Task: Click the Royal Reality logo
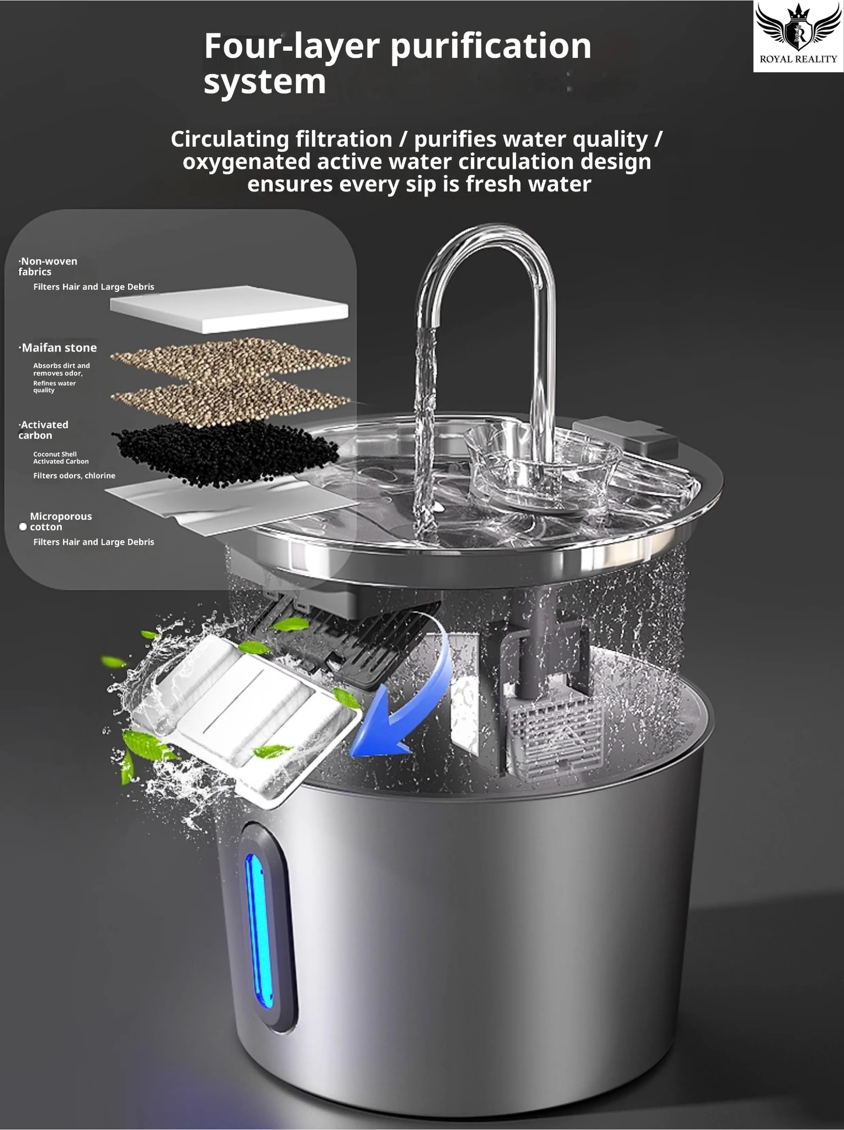pos(798,36)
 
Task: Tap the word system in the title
pos(265,81)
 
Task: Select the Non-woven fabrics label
pos(47,266)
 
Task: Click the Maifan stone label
pos(58,348)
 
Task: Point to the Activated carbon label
pos(43,430)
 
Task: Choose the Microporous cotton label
pos(61,521)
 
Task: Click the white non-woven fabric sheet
pos(229,308)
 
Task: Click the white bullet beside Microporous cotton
pos(23,527)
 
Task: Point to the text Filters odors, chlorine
pos(74,476)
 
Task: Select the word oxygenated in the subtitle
pos(246,162)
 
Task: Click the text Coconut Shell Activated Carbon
pos(61,458)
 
